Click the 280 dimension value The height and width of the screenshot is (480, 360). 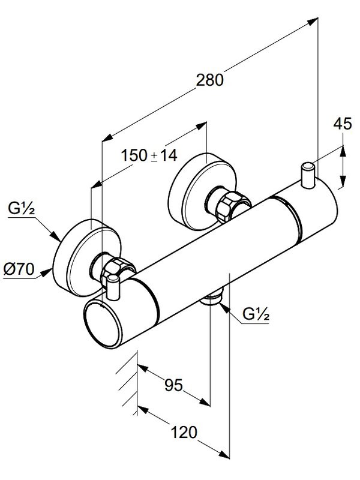click(209, 80)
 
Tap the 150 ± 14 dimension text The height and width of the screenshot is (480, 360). click(149, 155)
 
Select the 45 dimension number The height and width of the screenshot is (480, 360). click(343, 124)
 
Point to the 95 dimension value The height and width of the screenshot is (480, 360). click(173, 385)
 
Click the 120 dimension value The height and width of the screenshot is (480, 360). click(184, 433)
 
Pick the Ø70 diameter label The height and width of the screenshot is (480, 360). click(19, 269)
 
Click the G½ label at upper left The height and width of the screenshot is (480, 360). click(21, 209)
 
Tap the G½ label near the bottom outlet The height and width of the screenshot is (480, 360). click(256, 314)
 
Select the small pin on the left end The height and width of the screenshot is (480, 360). click(113, 287)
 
